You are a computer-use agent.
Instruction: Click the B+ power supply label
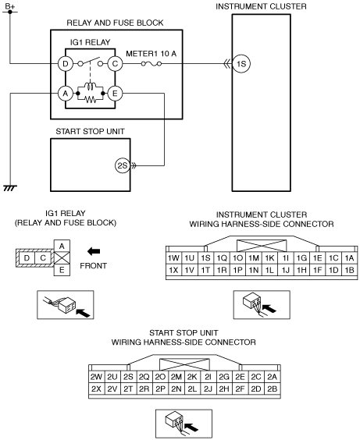10,6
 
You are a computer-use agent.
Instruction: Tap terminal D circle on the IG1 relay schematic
66,64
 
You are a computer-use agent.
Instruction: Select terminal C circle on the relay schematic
115,64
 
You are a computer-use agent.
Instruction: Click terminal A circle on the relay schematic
66,93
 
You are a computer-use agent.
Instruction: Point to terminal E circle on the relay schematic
115,93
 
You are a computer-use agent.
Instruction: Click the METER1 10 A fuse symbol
151,64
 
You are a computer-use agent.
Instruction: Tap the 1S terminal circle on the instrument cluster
241,64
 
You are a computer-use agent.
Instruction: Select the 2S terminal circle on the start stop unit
123,165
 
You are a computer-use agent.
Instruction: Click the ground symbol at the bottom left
10,188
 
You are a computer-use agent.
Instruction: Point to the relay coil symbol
90,86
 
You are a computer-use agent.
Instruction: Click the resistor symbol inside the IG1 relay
91,99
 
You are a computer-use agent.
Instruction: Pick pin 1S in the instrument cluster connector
205,258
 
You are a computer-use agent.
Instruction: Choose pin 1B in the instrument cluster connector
349,270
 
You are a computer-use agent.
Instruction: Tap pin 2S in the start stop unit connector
128,377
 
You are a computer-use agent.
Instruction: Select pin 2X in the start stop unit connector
96,389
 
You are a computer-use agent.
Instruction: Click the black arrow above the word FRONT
94,251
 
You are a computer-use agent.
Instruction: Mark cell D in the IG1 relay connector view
27,257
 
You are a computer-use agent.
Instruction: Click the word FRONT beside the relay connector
93,266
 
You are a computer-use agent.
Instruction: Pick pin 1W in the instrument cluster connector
173,258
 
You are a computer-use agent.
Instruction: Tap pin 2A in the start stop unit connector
272,377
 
